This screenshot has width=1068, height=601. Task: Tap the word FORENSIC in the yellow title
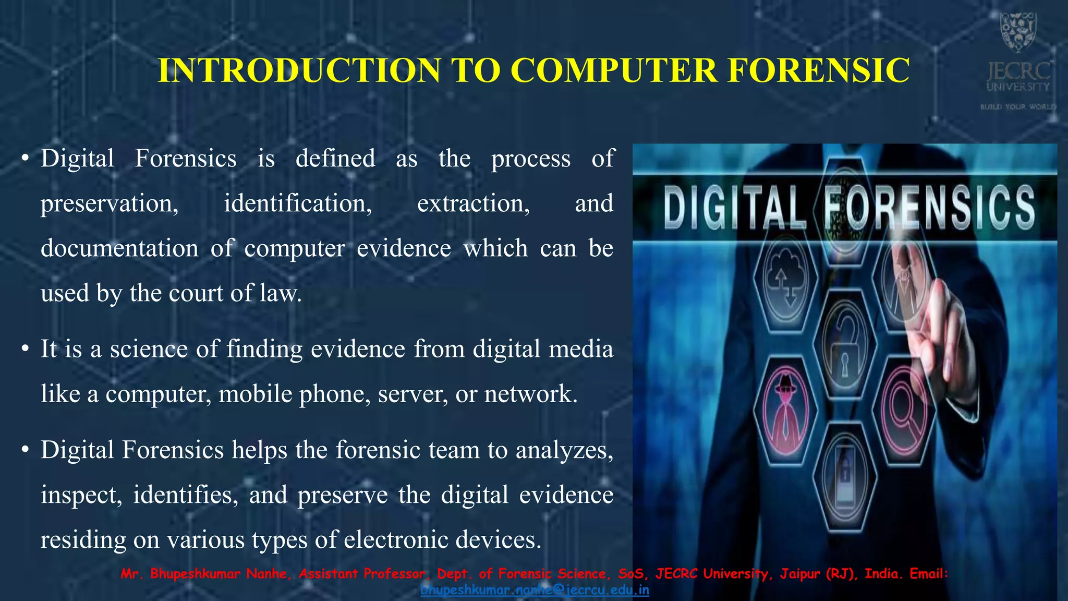pyautogui.click(x=819, y=70)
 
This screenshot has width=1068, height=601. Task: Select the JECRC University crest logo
pyautogui.click(x=1017, y=32)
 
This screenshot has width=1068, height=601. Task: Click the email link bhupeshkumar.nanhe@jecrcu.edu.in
pyautogui.click(x=535, y=590)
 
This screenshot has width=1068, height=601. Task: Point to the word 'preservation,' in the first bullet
pyautogui.click(x=110, y=203)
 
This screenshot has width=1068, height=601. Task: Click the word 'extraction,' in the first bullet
pyautogui.click(x=474, y=203)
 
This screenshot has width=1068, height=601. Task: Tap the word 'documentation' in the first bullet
pyautogui.click(x=119, y=248)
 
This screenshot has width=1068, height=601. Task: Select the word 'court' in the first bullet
pyautogui.click(x=198, y=293)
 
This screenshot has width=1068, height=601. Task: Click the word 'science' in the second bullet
pyautogui.click(x=149, y=349)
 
